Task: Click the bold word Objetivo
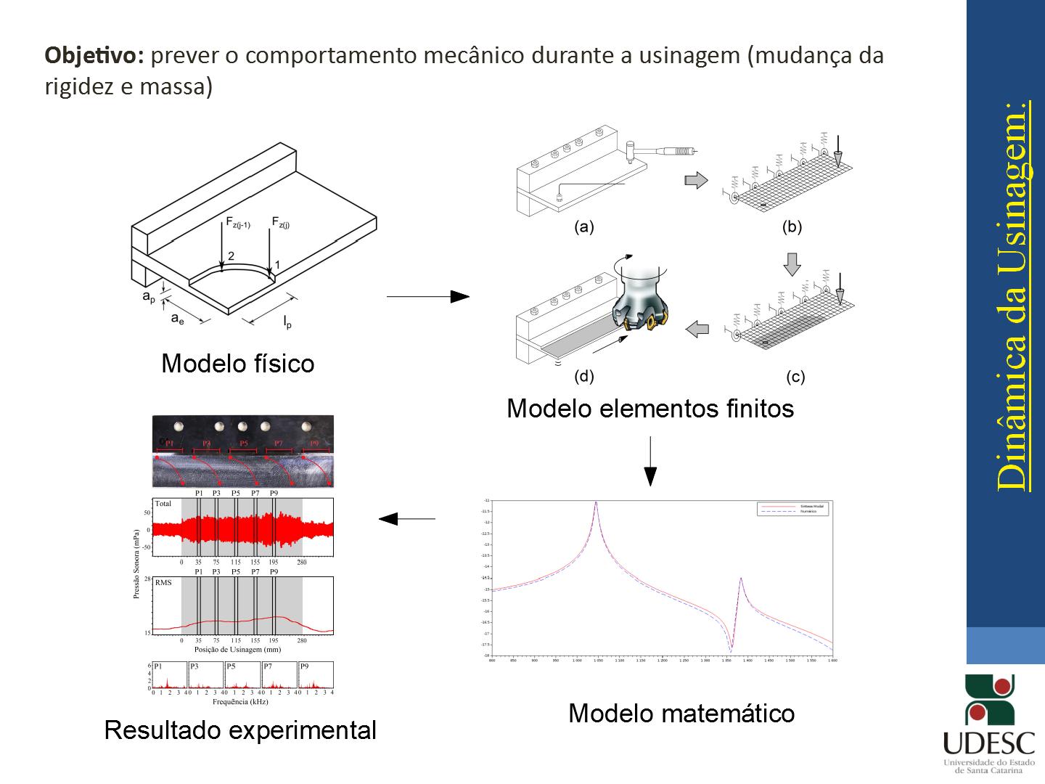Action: pos(95,56)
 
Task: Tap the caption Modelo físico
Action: pos(237,363)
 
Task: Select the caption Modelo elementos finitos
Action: pos(649,409)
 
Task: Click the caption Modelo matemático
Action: pos(681,713)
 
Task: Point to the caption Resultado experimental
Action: pos(240,730)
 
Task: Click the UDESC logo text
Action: pos(988,743)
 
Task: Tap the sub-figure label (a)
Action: pos(583,227)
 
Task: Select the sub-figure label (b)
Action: pos(792,227)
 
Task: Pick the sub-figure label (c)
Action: pos(795,377)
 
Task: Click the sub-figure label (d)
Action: pos(583,376)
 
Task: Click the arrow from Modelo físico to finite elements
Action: pos(428,296)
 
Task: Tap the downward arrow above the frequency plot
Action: pos(650,461)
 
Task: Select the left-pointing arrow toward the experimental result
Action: pos(406,518)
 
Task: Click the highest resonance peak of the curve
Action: pos(596,503)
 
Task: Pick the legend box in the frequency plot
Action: pos(792,508)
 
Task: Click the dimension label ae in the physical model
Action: pos(177,318)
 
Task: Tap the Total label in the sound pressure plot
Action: pos(163,503)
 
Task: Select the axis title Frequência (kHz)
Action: pos(240,702)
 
